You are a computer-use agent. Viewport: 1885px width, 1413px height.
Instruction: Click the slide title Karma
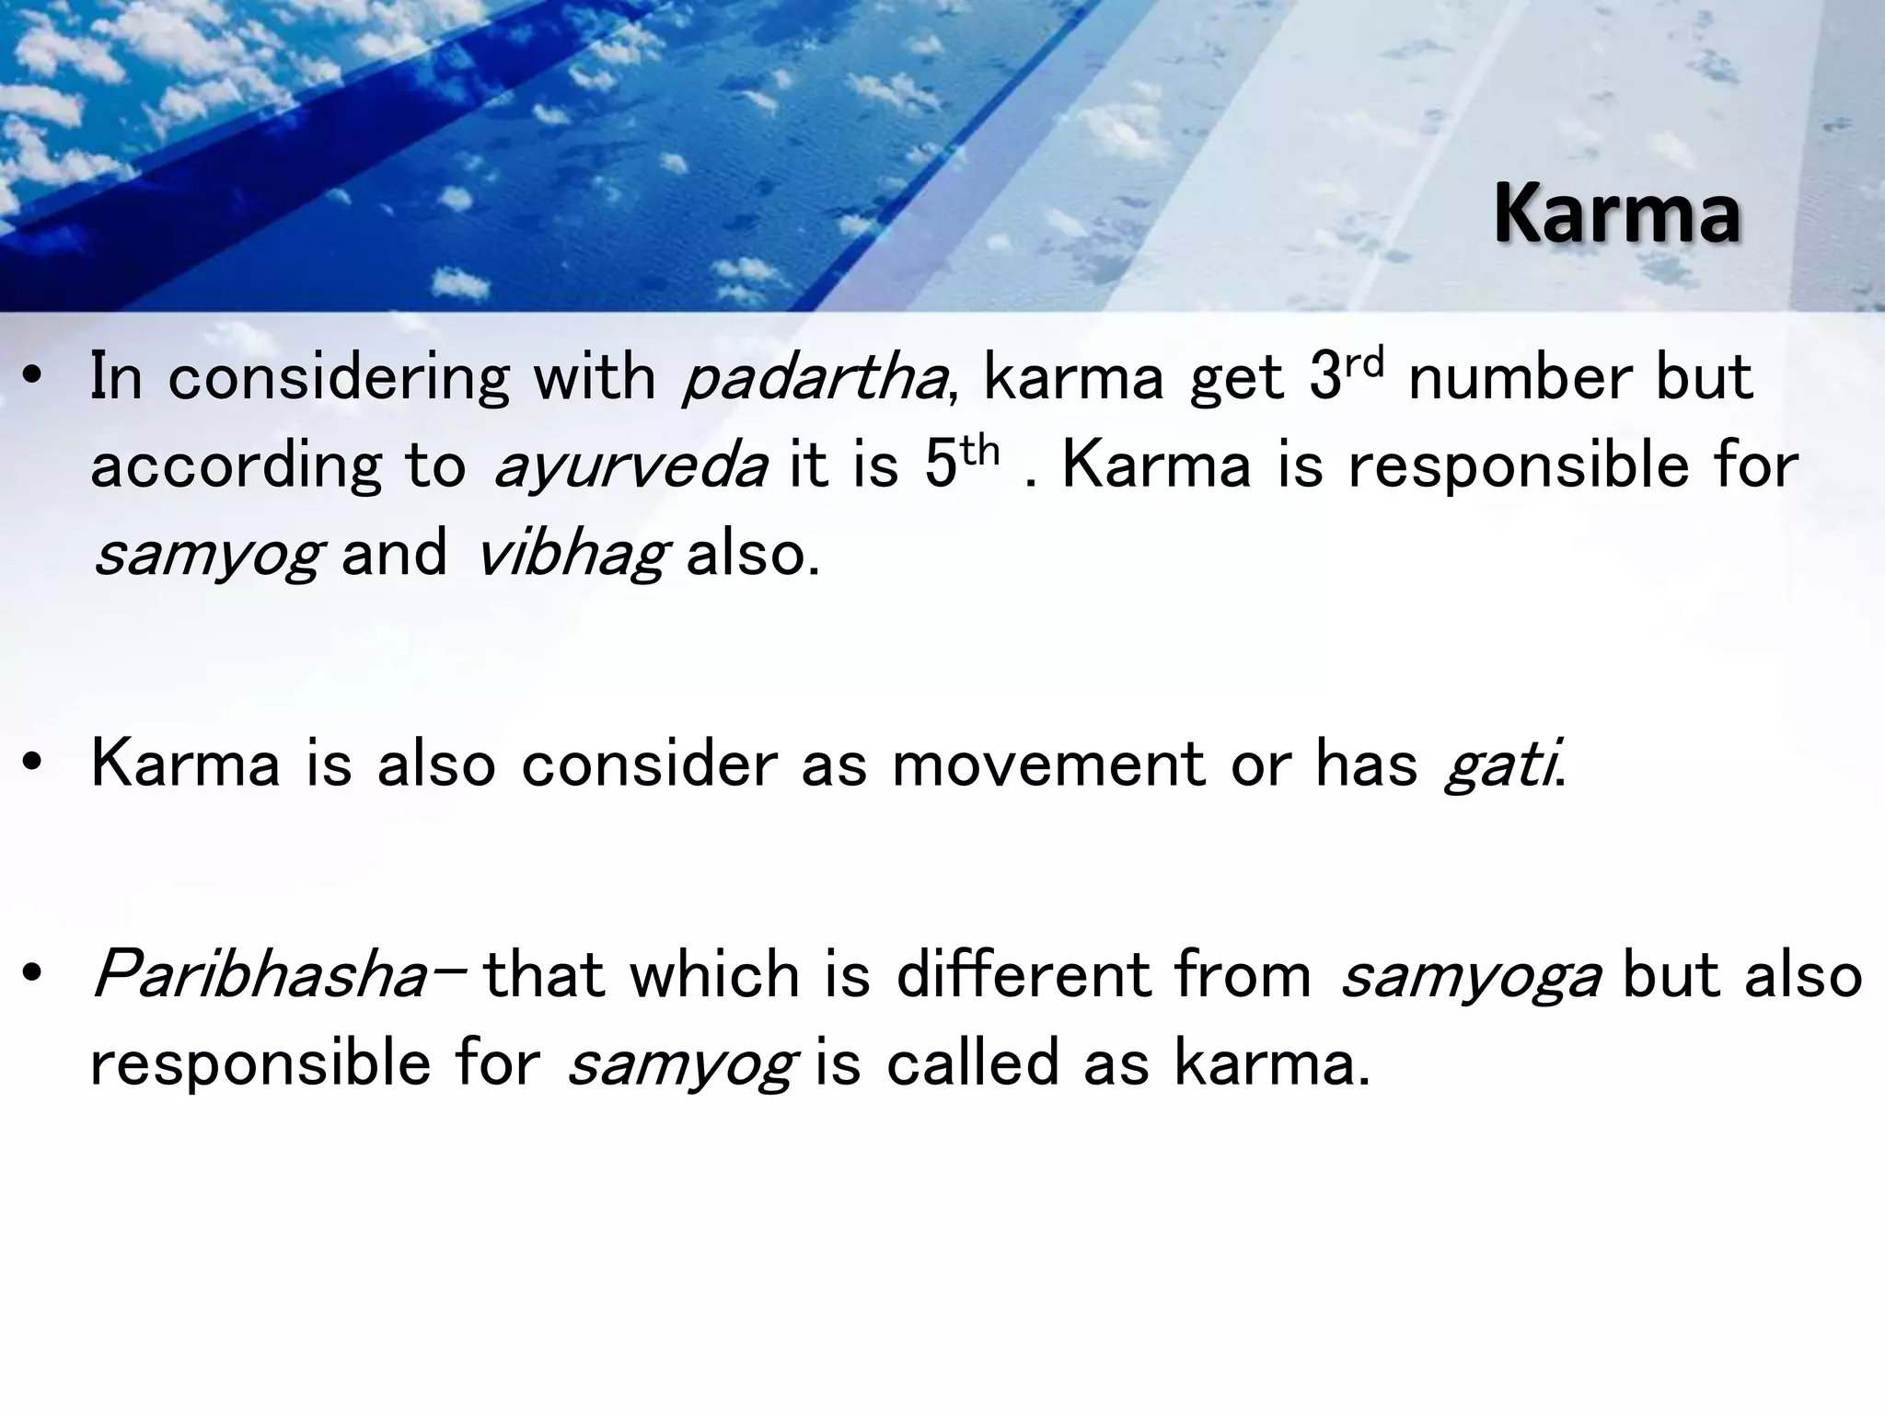pos(1616,214)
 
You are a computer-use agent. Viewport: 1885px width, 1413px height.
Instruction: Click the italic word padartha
pos(814,377)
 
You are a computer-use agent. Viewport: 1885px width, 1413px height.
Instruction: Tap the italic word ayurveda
pos(631,465)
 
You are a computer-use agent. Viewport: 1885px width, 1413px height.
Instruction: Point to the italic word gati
pos(1501,764)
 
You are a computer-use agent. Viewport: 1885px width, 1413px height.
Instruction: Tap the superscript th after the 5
pos(979,450)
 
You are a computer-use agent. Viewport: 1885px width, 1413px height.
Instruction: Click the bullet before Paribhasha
pos(34,976)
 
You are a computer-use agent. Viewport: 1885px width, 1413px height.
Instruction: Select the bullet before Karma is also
pos(34,764)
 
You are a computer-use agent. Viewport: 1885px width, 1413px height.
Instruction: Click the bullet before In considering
pos(34,378)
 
